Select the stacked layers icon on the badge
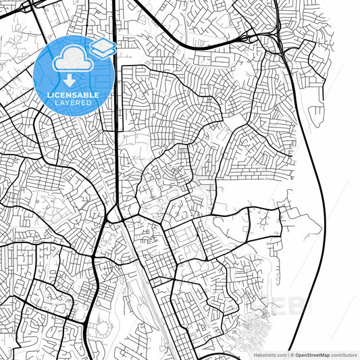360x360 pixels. (x=102, y=48)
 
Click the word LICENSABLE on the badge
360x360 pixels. (x=73, y=95)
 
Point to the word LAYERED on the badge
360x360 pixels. (x=73, y=103)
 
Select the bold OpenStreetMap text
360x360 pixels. (x=313, y=355)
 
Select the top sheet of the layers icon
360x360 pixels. (x=102, y=44)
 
